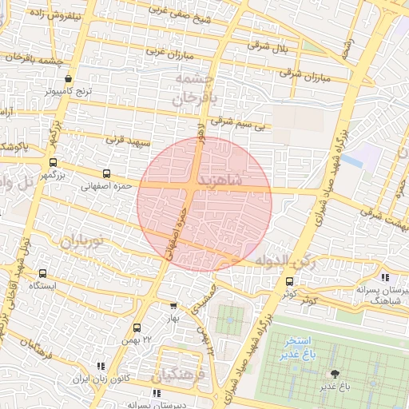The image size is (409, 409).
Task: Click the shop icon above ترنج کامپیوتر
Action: click(68, 79)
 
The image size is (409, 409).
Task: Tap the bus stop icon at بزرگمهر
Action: click(54, 162)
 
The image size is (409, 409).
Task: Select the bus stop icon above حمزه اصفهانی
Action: click(106, 173)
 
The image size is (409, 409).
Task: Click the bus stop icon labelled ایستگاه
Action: click(42, 273)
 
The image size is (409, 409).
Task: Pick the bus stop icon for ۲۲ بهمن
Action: click(137, 328)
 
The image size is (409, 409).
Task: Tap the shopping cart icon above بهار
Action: click(174, 305)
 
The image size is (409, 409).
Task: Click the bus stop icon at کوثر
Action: click(289, 281)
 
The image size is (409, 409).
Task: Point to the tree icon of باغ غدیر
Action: click(334, 373)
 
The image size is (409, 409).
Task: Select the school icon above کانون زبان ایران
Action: click(101, 366)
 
